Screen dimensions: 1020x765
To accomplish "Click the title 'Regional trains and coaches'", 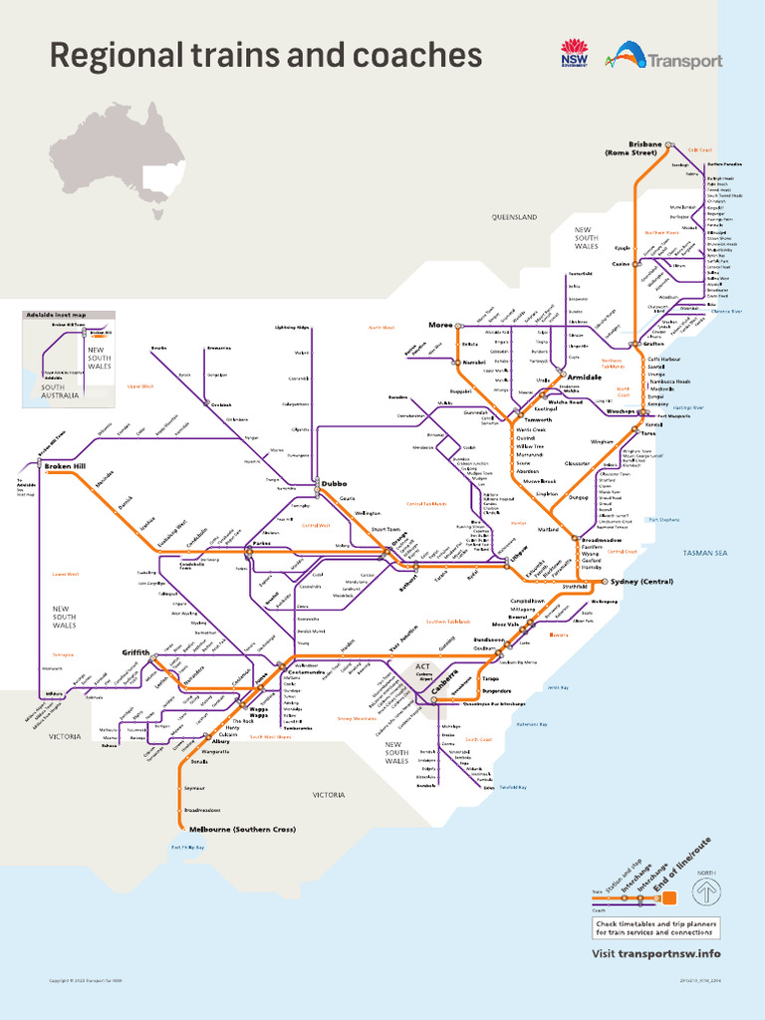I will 265,56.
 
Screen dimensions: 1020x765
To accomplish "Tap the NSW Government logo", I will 575,55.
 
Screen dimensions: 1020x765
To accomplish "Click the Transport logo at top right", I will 667,56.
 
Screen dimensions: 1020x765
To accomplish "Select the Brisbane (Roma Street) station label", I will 631,148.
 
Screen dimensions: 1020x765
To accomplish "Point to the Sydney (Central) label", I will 643,582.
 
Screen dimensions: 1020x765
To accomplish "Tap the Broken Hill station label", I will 66,467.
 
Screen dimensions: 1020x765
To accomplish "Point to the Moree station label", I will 440,325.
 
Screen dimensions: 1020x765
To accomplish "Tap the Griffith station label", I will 135,652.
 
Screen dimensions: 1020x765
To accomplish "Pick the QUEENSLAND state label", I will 514,216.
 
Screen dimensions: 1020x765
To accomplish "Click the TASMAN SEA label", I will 705,553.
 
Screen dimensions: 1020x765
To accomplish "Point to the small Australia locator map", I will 118,160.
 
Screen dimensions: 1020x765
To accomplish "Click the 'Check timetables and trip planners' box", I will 654,928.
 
